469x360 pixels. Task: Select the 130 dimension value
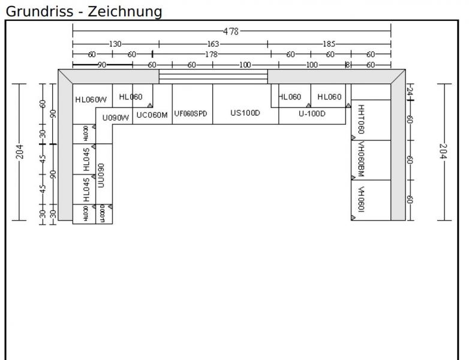tap(115, 44)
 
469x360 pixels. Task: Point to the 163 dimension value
tap(214, 44)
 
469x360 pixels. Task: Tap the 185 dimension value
tap(329, 44)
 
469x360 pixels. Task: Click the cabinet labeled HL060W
tap(91, 100)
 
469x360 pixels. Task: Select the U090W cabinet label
tap(116, 118)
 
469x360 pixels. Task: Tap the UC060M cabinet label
tap(152, 115)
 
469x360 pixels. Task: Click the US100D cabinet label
tap(245, 113)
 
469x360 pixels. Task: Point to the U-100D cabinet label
tap(312, 113)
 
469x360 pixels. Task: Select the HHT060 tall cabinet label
tap(361, 119)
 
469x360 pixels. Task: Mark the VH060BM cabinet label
tap(361, 159)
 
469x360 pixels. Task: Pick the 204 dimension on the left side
tap(19, 152)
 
